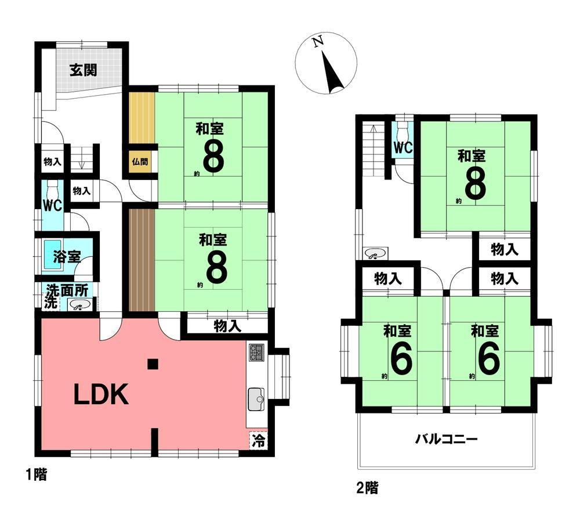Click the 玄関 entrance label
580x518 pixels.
[x=84, y=70]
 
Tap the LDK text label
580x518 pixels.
[x=101, y=395]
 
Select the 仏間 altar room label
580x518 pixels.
[x=140, y=162]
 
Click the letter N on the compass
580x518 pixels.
[x=318, y=41]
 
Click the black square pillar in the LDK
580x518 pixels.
[x=153, y=364]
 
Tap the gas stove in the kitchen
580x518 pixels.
[x=256, y=352]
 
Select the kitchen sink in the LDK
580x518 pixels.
[x=256, y=399]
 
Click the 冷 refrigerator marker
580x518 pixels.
[x=259, y=441]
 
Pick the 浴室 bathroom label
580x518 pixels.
[x=66, y=257]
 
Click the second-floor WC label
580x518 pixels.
[x=403, y=148]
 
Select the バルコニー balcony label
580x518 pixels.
[x=445, y=440]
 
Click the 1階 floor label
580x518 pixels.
[x=36, y=474]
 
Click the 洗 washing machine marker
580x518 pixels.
[x=51, y=302]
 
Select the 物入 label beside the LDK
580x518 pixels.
[x=227, y=326]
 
